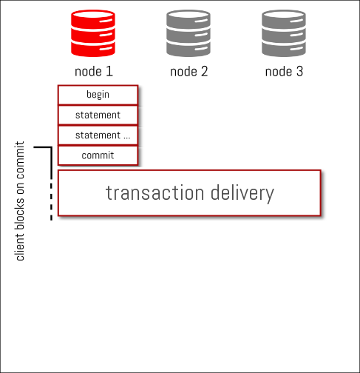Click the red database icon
point(93,33)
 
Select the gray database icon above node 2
point(189,33)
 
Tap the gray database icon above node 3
point(284,33)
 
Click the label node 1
point(94,72)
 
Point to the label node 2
point(189,72)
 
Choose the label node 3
point(284,72)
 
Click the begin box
point(98,95)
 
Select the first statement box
point(98,115)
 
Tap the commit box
point(98,155)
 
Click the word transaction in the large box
point(155,192)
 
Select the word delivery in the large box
point(242,194)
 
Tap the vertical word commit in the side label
point(20,160)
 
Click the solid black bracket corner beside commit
point(51,147)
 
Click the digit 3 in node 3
point(299,72)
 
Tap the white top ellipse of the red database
point(93,14)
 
